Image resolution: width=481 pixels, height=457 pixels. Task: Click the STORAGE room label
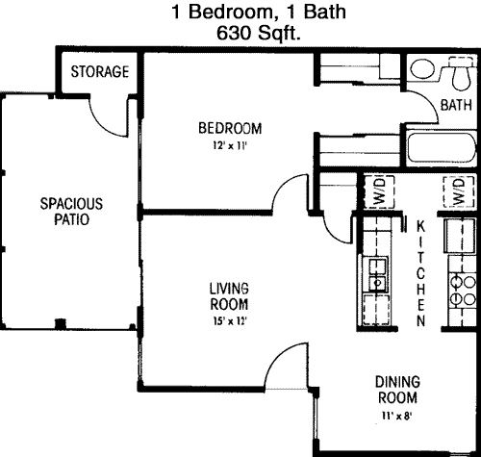pos(100,71)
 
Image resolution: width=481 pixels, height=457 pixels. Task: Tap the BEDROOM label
pos(230,128)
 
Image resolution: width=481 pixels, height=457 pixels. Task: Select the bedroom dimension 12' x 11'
pos(230,146)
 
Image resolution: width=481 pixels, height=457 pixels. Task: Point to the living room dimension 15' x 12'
pos(229,321)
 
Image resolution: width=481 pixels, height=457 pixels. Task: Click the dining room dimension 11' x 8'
pos(396,416)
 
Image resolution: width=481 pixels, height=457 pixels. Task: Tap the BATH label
pos(456,105)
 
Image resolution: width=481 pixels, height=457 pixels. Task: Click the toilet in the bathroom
pos(462,73)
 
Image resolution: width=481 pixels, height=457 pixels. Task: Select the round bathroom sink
pos(422,69)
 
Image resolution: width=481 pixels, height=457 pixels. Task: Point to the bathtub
pos(441,148)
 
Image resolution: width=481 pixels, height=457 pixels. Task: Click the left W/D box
pos(379,191)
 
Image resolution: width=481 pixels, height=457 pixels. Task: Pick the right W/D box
pos(459,191)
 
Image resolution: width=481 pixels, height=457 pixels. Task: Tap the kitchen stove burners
pos(463,292)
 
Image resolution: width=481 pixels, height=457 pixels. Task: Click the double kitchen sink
pos(377,274)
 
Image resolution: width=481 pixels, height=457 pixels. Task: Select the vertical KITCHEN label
pos(421,273)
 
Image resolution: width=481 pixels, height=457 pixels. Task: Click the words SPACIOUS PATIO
pos(71,212)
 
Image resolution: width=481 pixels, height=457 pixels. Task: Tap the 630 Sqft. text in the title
pos(259,33)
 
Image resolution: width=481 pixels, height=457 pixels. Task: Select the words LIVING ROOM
pos(229,296)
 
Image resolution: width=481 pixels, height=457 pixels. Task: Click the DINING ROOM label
pos(397,390)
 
